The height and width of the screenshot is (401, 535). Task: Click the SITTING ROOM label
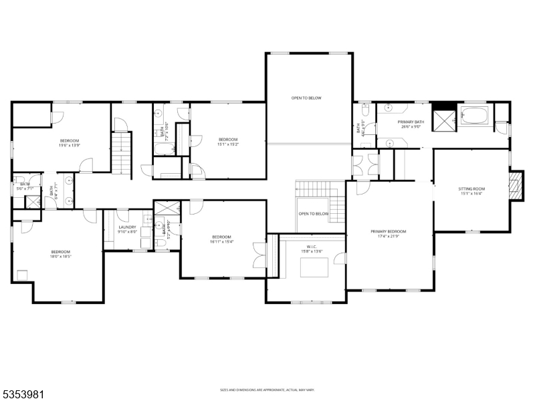471,189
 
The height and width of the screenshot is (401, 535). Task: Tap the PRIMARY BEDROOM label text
389,231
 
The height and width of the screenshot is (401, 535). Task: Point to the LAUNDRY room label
128,227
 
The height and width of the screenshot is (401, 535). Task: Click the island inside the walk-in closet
314,267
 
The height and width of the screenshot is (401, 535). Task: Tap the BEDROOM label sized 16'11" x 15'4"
221,237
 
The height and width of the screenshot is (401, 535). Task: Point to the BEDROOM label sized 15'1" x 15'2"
228,138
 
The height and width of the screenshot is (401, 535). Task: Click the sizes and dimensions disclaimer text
267,390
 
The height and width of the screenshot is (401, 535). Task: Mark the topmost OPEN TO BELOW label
306,98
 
